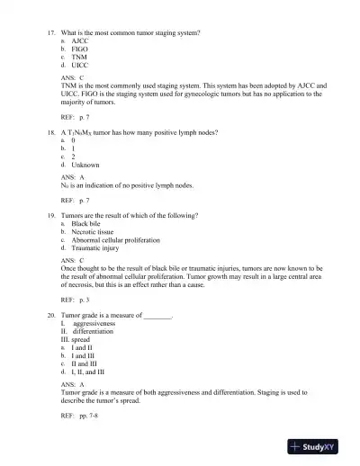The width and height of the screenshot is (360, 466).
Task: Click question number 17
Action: (x=51, y=32)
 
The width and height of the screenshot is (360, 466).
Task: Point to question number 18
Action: (x=51, y=132)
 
